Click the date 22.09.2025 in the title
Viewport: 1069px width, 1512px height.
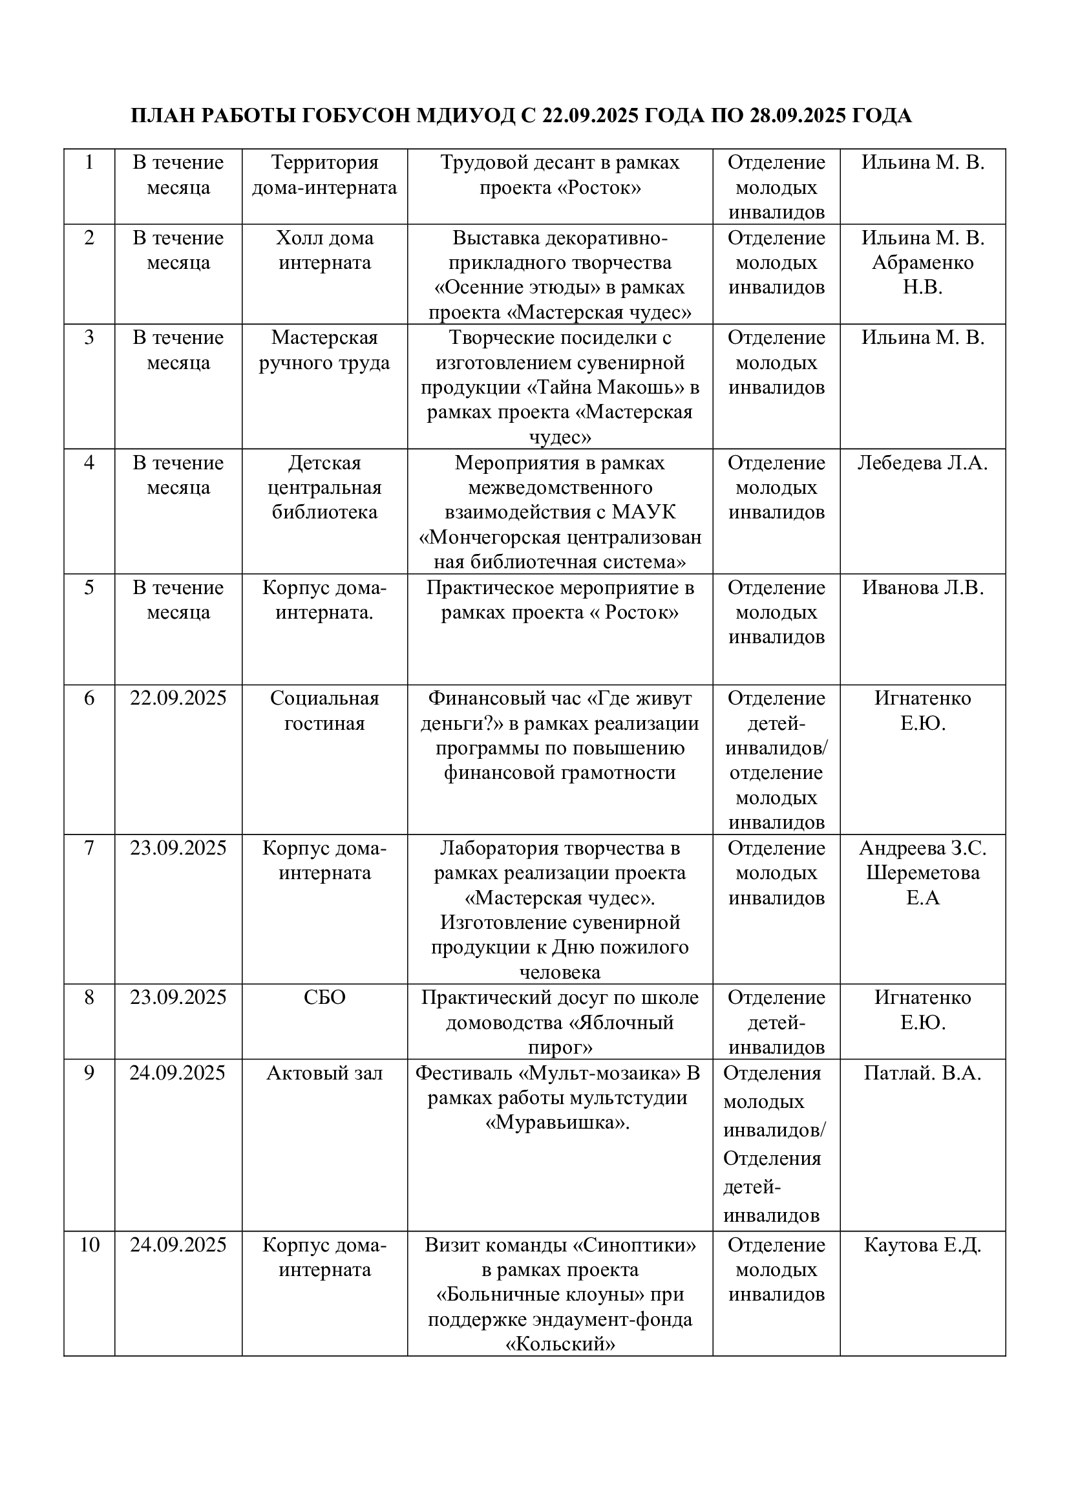[590, 116]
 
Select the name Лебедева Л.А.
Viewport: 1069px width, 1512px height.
[922, 463]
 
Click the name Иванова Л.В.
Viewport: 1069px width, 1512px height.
[922, 588]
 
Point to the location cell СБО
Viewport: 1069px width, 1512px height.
[324, 997]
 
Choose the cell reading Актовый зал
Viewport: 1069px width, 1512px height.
[324, 1073]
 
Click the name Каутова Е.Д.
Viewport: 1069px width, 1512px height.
[922, 1244]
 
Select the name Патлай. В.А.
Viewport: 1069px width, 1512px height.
[922, 1073]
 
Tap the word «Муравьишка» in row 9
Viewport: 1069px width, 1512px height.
[558, 1123]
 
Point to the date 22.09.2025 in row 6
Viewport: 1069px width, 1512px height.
[178, 698]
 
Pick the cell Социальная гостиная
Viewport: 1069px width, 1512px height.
[324, 710]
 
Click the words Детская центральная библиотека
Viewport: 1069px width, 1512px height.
[324, 487]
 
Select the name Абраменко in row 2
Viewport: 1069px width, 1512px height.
[922, 262]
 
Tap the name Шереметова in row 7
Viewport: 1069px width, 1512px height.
[922, 873]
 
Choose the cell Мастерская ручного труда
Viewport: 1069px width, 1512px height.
[324, 350]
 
